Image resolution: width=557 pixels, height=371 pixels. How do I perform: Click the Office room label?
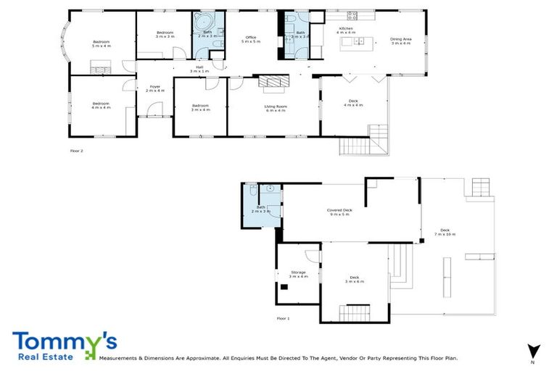251,39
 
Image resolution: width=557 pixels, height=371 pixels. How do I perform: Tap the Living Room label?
275,108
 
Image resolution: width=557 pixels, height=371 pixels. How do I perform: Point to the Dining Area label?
400,41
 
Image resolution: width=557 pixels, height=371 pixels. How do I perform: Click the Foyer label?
154,88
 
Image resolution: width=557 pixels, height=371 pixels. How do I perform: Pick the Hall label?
199,70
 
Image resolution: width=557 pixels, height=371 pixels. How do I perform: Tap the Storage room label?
298,275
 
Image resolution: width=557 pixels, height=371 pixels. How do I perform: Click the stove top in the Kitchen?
353,15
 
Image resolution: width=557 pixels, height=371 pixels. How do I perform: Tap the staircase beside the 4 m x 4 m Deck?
363,141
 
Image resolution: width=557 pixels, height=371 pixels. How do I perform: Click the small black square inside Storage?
284,287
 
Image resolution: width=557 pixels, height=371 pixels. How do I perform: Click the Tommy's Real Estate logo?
64,346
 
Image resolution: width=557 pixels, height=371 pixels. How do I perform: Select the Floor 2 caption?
77,151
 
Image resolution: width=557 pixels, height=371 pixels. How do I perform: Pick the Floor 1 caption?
283,318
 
